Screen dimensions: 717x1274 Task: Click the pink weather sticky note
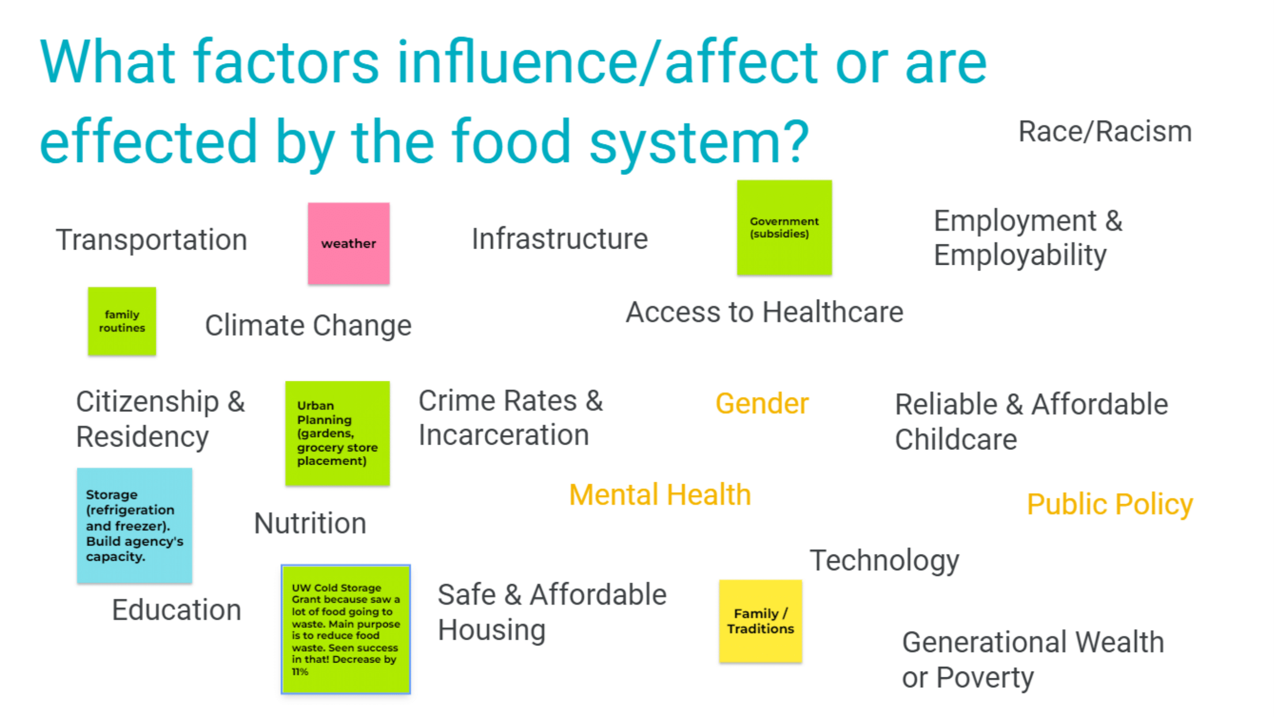(349, 243)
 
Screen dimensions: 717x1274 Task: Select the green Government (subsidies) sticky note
(784, 227)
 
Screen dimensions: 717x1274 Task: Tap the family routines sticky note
(122, 321)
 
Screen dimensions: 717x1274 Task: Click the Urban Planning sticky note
(337, 433)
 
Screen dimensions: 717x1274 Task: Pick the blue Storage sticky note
(135, 525)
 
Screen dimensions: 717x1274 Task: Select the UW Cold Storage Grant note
(346, 629)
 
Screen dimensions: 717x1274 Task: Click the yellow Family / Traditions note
(760, 621)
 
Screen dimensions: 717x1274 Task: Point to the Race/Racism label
(1105, 132)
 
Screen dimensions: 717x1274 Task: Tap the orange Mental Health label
(660, 495)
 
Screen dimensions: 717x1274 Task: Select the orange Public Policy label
(1110, 504)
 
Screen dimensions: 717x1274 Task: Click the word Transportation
(151, 240)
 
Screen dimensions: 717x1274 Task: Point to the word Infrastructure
(560, 239)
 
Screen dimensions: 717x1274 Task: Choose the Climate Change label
(308, 325)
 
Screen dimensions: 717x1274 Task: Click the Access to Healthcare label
(764, 312)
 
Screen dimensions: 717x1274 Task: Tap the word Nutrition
(310, 523)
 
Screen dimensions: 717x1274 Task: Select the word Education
(176, 610)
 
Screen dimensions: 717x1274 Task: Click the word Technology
(884, 560)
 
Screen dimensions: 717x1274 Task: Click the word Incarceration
(503, 435)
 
